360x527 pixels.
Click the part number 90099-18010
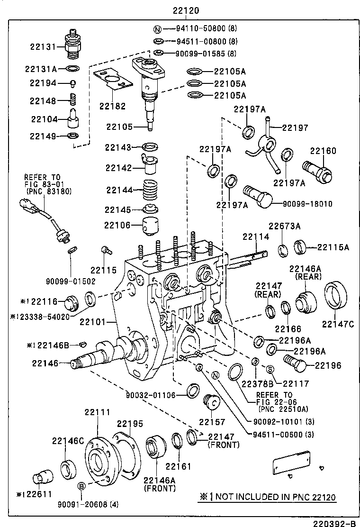[x=307, y=204]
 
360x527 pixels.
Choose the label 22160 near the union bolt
[x=323, y=151]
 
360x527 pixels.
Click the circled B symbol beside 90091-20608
[x=81, y=486]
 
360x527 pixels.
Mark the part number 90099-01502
[x=71, y=281]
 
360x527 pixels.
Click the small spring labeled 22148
[x=73, y=100]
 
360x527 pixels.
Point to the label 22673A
[x=285, y=226]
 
